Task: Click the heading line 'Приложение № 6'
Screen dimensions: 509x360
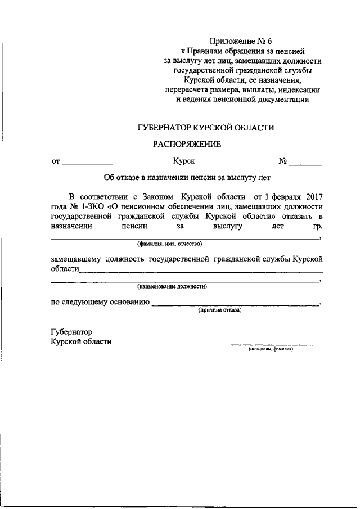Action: point(240,40)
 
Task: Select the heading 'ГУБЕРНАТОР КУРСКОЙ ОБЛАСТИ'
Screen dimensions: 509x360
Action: point(206,128)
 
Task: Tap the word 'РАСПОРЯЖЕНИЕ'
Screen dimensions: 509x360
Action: point(187,145)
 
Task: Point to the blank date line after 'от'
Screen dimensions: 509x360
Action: point(86,164)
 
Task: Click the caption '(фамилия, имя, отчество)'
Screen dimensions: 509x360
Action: point(169,244)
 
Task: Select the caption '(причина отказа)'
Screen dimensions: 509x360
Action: point(219,310)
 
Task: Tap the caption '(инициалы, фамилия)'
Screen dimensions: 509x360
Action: point(271,349)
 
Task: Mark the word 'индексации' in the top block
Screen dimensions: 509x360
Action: point(300,90)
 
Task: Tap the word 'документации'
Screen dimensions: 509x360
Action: point(280,100)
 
